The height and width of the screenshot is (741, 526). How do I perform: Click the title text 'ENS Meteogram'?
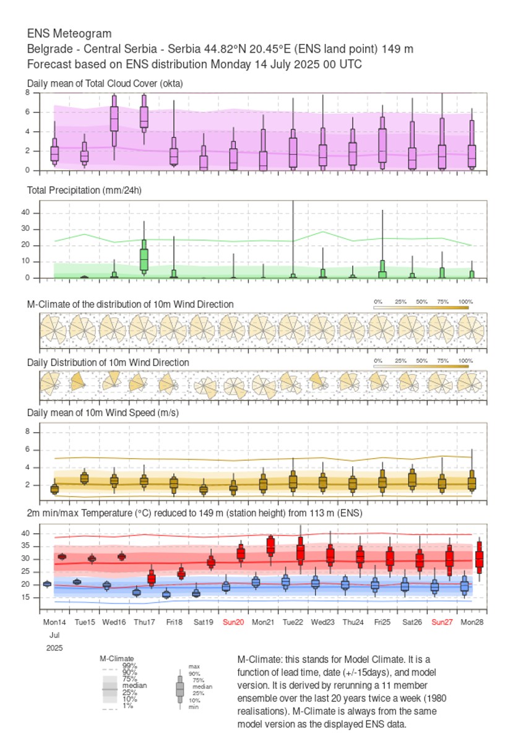pos(69,33)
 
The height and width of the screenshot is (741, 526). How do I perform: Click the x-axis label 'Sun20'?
pos(233,622)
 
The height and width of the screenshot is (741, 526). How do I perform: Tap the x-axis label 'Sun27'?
pos(442,622)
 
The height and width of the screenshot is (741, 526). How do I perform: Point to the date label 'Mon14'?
pos(54,622)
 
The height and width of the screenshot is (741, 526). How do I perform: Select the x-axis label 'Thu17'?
pos(144,622)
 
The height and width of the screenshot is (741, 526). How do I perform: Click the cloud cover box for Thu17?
pos(144,117)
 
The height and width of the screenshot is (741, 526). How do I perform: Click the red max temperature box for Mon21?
pos(270,546)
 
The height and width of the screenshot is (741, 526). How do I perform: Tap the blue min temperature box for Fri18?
pos(166,594)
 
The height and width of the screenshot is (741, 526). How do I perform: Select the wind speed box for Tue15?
pos(84,478)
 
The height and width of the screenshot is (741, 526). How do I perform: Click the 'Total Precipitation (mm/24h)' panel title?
pos(84,190)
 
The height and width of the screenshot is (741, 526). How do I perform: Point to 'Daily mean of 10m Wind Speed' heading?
pos(103,413)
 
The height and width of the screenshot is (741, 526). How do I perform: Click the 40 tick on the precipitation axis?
pos(35,213)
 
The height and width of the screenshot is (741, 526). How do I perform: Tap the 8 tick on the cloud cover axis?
pos(28,92)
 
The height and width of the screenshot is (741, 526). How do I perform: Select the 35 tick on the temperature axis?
pos(35,546)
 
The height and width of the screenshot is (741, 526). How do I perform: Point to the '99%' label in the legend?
pos(129,665)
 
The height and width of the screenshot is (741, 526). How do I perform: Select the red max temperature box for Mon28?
pos(479,559)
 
